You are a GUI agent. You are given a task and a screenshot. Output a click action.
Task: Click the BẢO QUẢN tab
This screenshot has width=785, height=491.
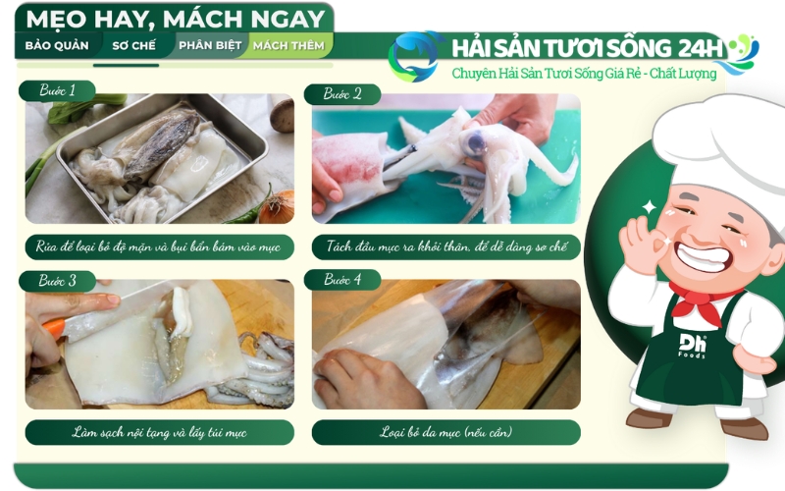point(57,45)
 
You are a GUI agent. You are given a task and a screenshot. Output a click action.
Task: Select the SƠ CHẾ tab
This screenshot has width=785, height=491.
point(131,45)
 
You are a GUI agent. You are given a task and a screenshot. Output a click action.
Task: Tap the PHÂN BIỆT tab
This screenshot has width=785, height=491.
point(208,45)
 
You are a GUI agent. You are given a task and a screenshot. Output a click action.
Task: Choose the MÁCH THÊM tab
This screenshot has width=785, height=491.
point(291,45)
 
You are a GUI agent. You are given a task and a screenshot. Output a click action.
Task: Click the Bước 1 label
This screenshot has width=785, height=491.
point(58,90)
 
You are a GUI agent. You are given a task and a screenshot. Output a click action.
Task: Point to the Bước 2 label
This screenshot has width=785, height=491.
point(343,94)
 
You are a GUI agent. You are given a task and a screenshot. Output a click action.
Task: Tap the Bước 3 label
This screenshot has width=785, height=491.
point(58,281)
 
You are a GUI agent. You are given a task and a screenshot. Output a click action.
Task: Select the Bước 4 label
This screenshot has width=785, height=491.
point(343,280)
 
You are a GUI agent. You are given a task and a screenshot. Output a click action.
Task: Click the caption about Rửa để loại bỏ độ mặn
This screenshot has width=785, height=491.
point(159,246)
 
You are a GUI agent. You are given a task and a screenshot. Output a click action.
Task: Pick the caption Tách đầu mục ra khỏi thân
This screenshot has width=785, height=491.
point(445,246)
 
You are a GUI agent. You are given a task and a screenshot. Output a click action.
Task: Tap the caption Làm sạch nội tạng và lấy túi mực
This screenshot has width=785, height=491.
point(159,432)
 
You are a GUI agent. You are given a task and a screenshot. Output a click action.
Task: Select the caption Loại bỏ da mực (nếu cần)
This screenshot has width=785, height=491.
point(445,432)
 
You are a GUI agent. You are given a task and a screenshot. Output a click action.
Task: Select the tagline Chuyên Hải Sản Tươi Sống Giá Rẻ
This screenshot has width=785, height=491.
point(584,74)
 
